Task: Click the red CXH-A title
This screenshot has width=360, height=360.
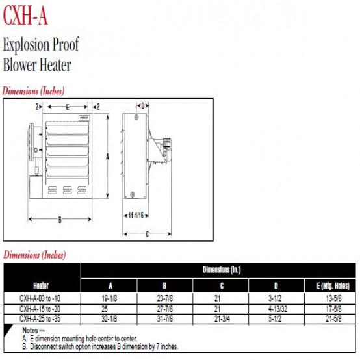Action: (x=25, y=16)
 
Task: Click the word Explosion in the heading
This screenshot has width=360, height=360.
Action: (x=26, y=45)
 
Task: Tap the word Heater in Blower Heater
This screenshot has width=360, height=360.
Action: (x=55, y=65)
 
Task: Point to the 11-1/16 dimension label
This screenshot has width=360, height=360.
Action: (x=136, y=216)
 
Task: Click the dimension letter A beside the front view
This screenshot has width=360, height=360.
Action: (x=107, y=157)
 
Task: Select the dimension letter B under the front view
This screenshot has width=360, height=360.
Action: (x=60, y=220)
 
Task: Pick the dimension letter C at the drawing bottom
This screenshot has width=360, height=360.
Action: (x=148, y=234)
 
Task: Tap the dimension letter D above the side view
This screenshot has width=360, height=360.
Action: (x=143, y=106)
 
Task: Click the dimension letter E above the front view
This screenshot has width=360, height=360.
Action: (x=68, y=107)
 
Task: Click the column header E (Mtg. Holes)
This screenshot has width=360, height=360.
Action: (x=333, y=286)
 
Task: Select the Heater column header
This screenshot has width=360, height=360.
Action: (x=41, y=286)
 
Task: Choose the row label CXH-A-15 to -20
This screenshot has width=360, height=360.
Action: (x=40, y=309)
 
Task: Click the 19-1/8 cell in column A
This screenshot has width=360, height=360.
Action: (x=109, y=298)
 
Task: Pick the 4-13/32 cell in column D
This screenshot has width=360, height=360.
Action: (x=278, y=309)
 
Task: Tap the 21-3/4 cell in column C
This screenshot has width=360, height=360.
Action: (x=222, y=318)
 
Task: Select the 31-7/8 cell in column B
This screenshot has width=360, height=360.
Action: (x=165, y=318)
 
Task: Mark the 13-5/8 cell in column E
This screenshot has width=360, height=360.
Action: (x=333, y=298)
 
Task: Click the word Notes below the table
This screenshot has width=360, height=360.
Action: (x=30, y=330)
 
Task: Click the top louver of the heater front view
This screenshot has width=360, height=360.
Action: (x=68, y=129)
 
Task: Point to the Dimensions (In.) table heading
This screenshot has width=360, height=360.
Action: (x=222, y=270)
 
